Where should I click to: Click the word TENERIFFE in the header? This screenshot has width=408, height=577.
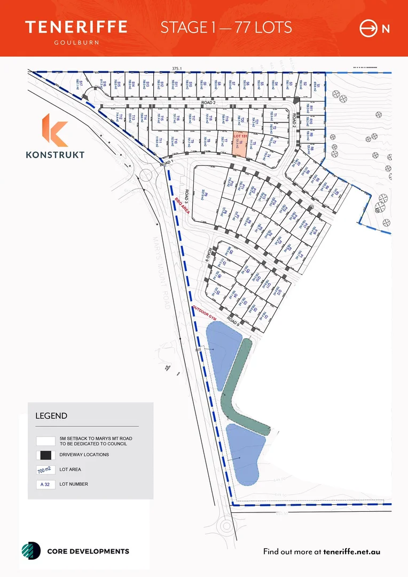point(76,27)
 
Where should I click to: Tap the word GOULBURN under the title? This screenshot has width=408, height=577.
point(76,41)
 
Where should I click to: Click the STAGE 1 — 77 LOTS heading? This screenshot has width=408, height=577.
point(226,27)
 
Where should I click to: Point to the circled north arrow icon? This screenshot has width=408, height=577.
point(368,28)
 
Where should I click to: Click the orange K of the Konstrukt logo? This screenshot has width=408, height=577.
point(54,130)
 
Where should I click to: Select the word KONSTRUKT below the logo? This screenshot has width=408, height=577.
point(54,155)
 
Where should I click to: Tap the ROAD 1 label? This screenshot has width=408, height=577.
point(167,163)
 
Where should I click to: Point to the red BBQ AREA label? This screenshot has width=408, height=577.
point(182,207)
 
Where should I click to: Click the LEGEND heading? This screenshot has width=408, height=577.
point(51,416)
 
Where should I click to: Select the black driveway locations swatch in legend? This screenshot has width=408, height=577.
point(44,455)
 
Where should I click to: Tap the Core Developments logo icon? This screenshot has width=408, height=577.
point(30,551)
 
